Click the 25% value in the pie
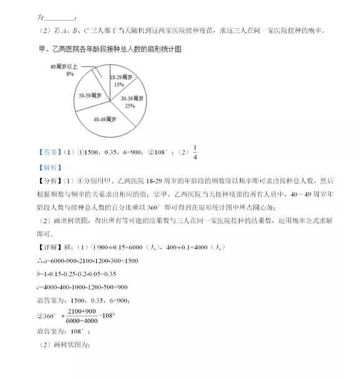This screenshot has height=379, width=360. click(130, 106)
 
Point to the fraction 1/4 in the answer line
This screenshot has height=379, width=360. click(195, 152)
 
